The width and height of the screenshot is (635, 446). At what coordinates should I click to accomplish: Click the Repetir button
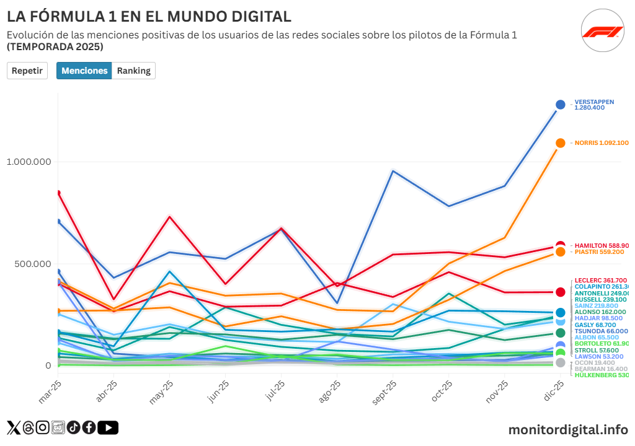click(27, 71)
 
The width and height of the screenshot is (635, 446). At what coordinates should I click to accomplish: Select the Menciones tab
click(84, 71)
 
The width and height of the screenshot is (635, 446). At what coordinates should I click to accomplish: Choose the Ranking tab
click(133, 71)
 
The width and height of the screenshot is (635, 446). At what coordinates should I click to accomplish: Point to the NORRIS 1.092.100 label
click(601, 143)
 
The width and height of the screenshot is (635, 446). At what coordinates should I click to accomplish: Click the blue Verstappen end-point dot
click(561, 105)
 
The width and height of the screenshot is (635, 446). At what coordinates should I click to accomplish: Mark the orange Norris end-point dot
click(561, 143)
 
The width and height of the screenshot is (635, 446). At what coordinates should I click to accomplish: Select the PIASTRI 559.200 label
click(599, 252)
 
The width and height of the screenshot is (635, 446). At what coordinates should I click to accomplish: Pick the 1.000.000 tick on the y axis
click(28, 162)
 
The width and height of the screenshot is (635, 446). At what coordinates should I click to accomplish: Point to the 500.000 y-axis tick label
click(32, 264)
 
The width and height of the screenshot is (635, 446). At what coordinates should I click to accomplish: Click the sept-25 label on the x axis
click(385, 391)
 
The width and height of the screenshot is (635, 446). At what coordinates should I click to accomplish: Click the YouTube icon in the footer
click(108, 427)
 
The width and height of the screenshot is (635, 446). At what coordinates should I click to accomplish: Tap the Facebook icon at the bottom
click(89, 427)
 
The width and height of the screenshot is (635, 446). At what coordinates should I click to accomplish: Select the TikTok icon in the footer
click(73, 427)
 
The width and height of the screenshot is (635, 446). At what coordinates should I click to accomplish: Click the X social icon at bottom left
click(13, 427)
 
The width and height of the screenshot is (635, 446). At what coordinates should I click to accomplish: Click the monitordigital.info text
click(567, 429)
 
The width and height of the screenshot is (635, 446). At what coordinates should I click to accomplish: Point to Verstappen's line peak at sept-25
click(393, 170)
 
